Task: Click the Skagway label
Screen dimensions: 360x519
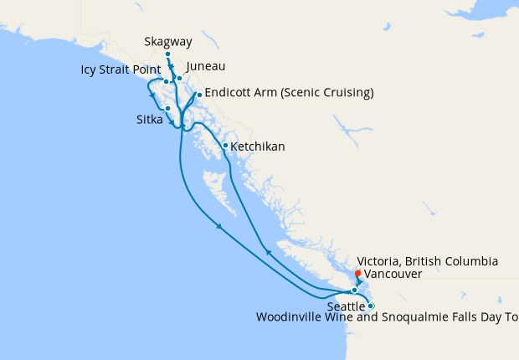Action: click(x=166, y=40)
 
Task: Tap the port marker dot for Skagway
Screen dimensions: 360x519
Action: click(x=168, y=54)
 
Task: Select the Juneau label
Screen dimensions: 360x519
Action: click(x=206, y=66)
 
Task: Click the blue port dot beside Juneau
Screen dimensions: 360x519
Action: click(x=179, y=78)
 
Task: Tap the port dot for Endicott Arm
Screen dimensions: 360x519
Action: click(x=199, y=95)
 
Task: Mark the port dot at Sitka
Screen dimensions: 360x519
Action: click(x=168, y=108)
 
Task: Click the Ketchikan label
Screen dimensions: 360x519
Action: click(x=257, y=147)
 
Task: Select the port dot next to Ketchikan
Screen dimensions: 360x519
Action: click(x=225, y=146)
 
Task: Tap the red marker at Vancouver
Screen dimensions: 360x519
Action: click(x=357, y=272)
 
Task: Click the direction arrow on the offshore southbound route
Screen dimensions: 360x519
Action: click(x=219, y=227)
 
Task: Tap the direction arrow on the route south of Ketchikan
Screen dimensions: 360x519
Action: click(x=267, y=250)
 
